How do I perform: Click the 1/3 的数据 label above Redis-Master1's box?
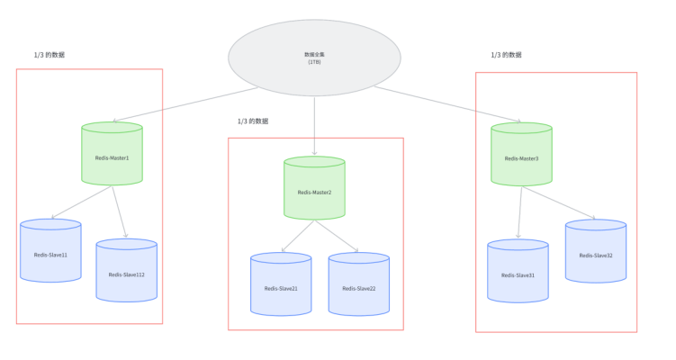(50, 55)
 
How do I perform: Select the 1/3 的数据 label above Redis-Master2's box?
(252, 121)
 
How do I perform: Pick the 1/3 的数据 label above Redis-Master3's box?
(506, 55)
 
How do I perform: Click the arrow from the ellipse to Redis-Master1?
(185, 104)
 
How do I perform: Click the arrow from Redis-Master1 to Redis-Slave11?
(83, 202)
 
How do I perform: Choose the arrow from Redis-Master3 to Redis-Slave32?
(560, 203)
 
